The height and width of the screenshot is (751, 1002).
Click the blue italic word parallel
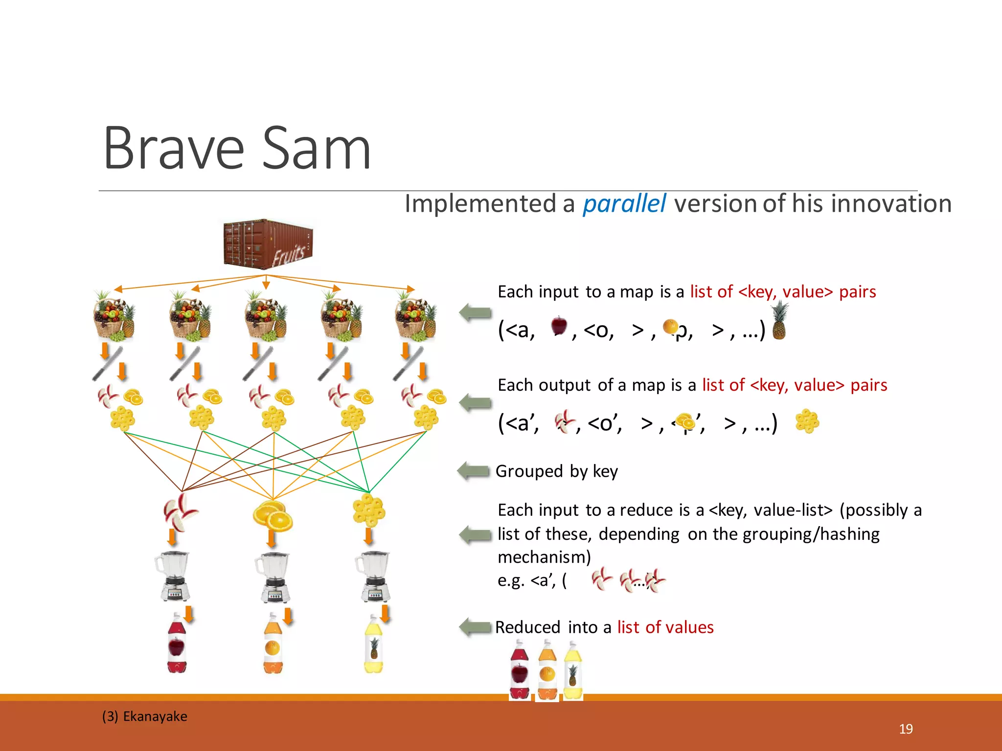tap(624, 204)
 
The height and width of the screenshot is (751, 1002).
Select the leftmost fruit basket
tap(114, 317)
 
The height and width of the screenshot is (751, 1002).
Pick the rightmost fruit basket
tap(415, 317)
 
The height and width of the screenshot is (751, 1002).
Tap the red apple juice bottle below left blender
tap(177, 645)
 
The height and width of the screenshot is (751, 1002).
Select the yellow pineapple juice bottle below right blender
tap(374, 645)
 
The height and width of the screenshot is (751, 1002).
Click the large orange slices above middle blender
tap(273, 515)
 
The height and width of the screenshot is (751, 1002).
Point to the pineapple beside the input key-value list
tap(779, 321)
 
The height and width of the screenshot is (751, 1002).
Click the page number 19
tap(906, 729)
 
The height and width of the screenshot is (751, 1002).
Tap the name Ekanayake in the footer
tap(155, 716)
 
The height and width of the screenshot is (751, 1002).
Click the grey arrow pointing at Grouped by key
tap(474, 471)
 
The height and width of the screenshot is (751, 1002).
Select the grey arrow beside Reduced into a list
tap(475, 627)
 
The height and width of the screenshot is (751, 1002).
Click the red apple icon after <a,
tap(559, 326)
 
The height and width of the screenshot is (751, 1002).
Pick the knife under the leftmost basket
tap(108, 363)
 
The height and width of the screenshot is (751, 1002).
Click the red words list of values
tap(665, 627)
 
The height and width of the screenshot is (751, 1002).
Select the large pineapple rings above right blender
tap(369, 510)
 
